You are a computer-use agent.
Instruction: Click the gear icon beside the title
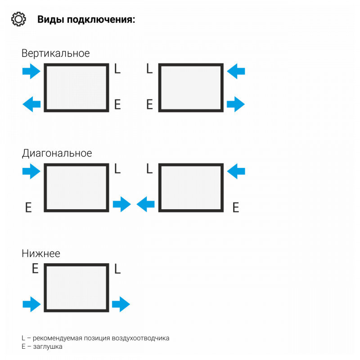tap(18, 19)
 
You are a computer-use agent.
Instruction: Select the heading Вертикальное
tap(55, 53)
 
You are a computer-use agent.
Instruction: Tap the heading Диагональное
tap(57, 153)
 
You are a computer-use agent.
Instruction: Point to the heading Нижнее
tap(40, 253)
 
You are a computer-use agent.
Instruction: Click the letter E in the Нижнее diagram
tap(35, 269)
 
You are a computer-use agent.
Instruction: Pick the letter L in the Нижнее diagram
tap(117, 269)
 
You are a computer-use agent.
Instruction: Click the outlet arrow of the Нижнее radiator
tap(121, 305)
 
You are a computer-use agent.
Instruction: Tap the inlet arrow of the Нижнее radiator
tap(31, 305)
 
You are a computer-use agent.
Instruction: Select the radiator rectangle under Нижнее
tap(76, 288)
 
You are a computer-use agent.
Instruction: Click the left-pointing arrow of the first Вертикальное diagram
tap(31, 105)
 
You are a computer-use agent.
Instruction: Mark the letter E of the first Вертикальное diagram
tap(117, 105)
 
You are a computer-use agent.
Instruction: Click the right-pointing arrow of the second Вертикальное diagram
tap(235, 105)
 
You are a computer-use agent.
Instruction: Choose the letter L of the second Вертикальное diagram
tap(150, 69)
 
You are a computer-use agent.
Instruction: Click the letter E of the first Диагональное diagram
tap(28, 207)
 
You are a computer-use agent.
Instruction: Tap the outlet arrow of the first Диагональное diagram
tap(121, 205)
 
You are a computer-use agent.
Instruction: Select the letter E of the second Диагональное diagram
tap(235, 207)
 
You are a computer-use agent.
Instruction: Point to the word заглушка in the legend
tap(47, 346)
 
